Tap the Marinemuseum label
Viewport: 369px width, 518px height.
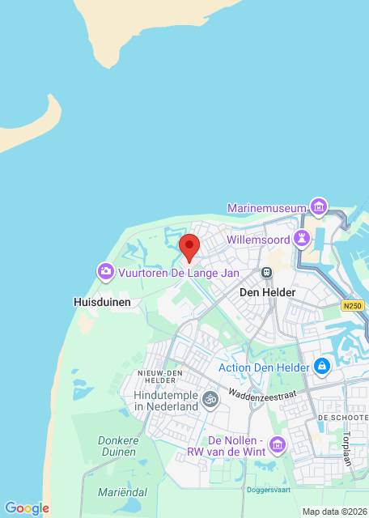pos(267,208)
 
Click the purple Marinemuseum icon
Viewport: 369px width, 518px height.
pos(320,207)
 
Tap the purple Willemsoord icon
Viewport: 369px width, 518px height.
pos(303,238)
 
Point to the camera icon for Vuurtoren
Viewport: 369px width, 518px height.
pos(105,271)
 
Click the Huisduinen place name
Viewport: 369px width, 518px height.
pos(101,301)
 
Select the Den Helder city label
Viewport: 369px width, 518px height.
pos(268,291)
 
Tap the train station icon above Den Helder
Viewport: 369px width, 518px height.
pos(266,274)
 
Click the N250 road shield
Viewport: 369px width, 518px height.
pos(353,305)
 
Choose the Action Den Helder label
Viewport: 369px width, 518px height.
pos(264,367)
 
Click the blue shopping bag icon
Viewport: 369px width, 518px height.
pos(323,366)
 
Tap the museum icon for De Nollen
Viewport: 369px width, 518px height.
pos(278,444)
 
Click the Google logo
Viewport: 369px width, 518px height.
pos(26,508)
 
